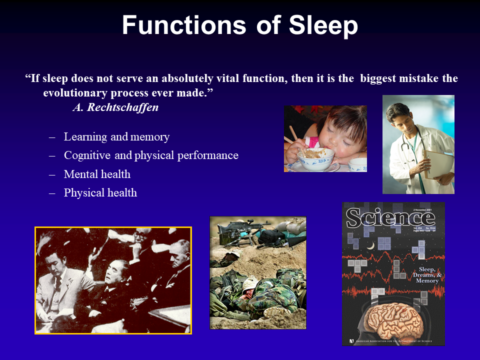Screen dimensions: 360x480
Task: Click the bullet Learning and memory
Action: (116, 137)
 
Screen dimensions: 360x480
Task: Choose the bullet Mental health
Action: (97, 174)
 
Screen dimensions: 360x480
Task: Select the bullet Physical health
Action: (100, 192)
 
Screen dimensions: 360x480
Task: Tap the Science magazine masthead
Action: (390, 218)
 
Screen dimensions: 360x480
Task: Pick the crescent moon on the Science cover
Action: (370, 245)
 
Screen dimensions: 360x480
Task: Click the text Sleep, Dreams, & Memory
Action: (426, 275)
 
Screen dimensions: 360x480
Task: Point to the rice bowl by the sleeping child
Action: (315, 158)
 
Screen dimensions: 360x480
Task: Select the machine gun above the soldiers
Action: (239, 227)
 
